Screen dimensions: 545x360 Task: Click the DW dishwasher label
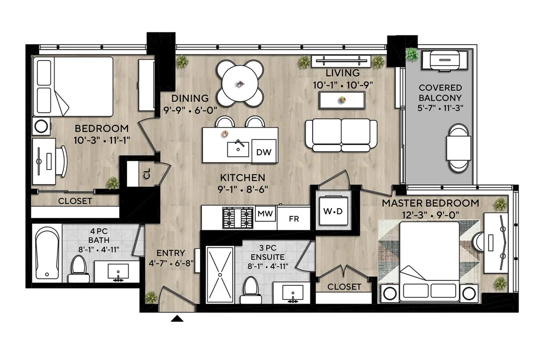[x=264, y=152]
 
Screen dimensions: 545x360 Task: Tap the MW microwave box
[x=265, y=213]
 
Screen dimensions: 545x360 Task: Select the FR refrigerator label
[x=294, y=219]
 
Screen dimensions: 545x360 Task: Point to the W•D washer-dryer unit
[x=333, y=211]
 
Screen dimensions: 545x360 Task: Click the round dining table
[x=240, y=83]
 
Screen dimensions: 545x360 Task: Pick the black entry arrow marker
[x=177, y=319]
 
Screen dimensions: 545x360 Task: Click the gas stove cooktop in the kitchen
[x=238, y=218]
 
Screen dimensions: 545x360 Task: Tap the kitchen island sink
[x=238, y=149]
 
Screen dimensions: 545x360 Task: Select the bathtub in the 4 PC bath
[x=47, y=253]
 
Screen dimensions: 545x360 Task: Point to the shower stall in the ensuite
[x=220, y=274]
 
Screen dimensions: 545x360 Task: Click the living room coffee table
[x=342, y=100]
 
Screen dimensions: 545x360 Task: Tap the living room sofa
[x=341, y=135]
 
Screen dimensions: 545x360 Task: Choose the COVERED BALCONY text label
[x=440, y=93]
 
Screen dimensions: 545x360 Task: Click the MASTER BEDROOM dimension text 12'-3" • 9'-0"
[x=430, y=215]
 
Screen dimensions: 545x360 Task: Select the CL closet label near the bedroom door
[x=147, y=173]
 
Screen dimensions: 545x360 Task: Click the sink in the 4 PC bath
[x=118, y=271]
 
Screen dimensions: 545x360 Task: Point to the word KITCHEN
[x=243, y=178]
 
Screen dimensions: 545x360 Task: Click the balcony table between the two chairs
[x=459, y=147]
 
